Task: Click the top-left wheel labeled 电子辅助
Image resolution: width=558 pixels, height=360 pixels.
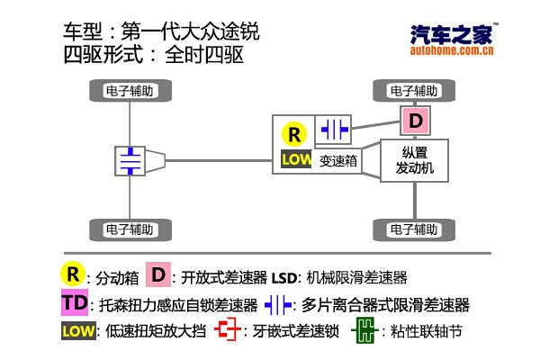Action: point(132,91)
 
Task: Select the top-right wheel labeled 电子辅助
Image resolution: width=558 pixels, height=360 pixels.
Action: point(414,91)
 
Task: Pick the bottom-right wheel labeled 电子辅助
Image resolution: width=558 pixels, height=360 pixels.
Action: point(414,228)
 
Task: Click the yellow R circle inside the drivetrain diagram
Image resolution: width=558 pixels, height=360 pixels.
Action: point(293,135)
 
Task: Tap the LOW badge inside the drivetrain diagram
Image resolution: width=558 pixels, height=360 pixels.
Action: point(295,159)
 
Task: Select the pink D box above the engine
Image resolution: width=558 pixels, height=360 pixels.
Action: point(415,121)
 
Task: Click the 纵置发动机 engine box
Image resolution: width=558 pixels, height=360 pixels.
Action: point(414,160)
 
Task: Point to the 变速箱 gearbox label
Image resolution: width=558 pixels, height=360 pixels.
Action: point(338,160)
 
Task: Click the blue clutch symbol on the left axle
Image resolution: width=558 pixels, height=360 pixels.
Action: point(131,160)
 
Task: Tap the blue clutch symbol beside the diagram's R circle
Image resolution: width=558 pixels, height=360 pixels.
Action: point(335,130)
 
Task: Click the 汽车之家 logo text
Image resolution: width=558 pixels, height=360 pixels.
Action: point(450,35)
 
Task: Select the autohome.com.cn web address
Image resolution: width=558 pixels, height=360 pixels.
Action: point(450,52)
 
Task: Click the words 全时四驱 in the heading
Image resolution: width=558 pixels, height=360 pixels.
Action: point(204,55)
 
